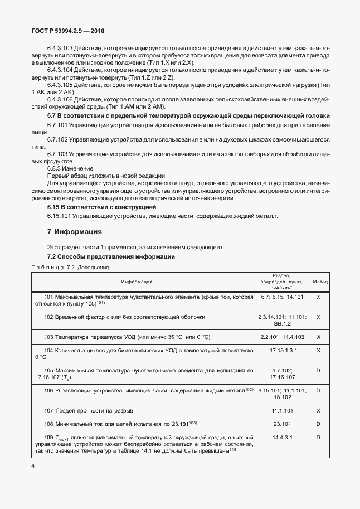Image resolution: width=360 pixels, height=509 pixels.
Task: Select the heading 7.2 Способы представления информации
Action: [x=111, y=256]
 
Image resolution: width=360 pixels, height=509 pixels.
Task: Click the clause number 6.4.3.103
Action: [x=61, y=49]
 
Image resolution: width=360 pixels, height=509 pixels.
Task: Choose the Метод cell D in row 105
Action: [x=319, y=370]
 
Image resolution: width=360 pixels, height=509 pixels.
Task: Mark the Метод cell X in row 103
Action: [x=319, y=337]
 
